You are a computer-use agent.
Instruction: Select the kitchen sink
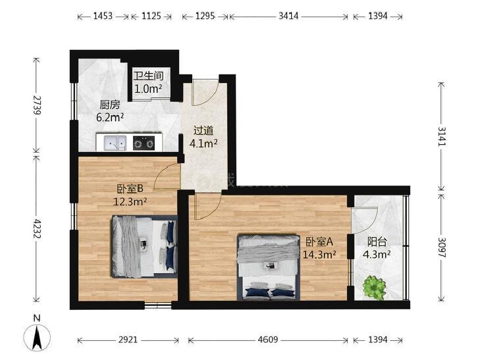pos(115,143)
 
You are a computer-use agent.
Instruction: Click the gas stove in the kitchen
pos(144,143)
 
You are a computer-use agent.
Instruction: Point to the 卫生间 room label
pos(148,76)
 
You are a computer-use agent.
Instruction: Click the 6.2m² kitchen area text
pos(110,117)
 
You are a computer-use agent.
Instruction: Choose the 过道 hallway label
pos(203,131)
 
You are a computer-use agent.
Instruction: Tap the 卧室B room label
pos(130,189)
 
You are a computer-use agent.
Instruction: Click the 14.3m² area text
pos(319,254)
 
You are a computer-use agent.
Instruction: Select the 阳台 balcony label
pos(377,242)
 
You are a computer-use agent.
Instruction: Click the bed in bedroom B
pos(144,247)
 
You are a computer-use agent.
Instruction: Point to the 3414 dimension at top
pos(288,16)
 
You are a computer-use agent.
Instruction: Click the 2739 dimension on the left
pos(38,105)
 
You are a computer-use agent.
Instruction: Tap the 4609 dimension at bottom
pos(268,340)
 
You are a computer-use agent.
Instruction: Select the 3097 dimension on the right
pos(442,247)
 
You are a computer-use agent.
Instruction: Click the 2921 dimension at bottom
pos(128,340)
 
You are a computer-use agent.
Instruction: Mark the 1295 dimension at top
pos(205,16)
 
